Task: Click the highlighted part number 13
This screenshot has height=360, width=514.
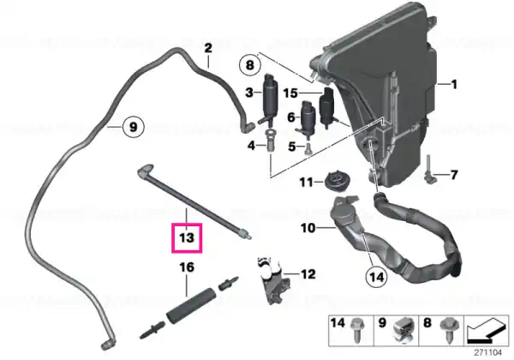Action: pyautogui.click(x=187, y=237)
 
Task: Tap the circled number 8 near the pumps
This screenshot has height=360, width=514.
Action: pyautogui.click(x=250, y=65)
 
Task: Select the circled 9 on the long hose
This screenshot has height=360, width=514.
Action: pyautogui.click(x=133, y=127)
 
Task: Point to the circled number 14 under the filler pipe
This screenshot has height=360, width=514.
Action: pyautogui.click(x=376, y=278)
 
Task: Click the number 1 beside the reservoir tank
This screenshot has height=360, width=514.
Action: pyautogui.click(x=454, y=85)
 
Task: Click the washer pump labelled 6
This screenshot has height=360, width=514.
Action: pyautogui.click(x=307, y=117)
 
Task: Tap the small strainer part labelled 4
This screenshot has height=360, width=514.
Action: pyautogui.click(x=271, y=141)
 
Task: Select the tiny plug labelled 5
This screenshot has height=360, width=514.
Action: pyautogui.click(x=308, y=148)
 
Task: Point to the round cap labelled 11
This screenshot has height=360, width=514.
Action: pyautogui.click(x=337, y=182)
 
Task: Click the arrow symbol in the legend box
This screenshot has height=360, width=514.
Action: pyautogui.click(x=487, y=330)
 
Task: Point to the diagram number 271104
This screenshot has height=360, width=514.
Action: pyautogui.click(x=487, y=353)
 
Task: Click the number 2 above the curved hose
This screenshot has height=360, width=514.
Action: pyautogui.click(x=208, y=49)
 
